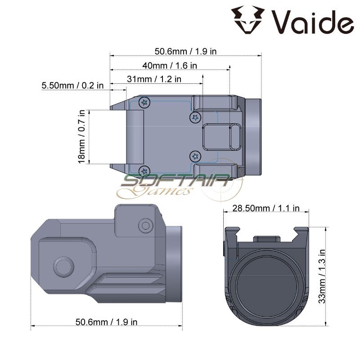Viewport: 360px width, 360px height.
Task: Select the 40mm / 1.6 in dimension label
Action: pos(170,65)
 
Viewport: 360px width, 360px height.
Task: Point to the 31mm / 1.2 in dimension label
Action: pos(154,79)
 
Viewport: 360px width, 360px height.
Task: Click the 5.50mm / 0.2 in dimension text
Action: pos(72,85)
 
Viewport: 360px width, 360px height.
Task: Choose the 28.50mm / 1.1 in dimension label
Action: pos(266,208)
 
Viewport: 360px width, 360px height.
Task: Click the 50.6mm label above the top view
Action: pos(185,51)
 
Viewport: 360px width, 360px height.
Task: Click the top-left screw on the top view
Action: pos(144,103)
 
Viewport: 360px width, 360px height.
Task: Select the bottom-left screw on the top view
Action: pos(144,171)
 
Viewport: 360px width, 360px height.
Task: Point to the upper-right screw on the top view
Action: pos(195,118)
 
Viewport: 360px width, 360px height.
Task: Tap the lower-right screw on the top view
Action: pos(195,156)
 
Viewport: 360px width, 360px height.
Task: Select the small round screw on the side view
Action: pos(145,224)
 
